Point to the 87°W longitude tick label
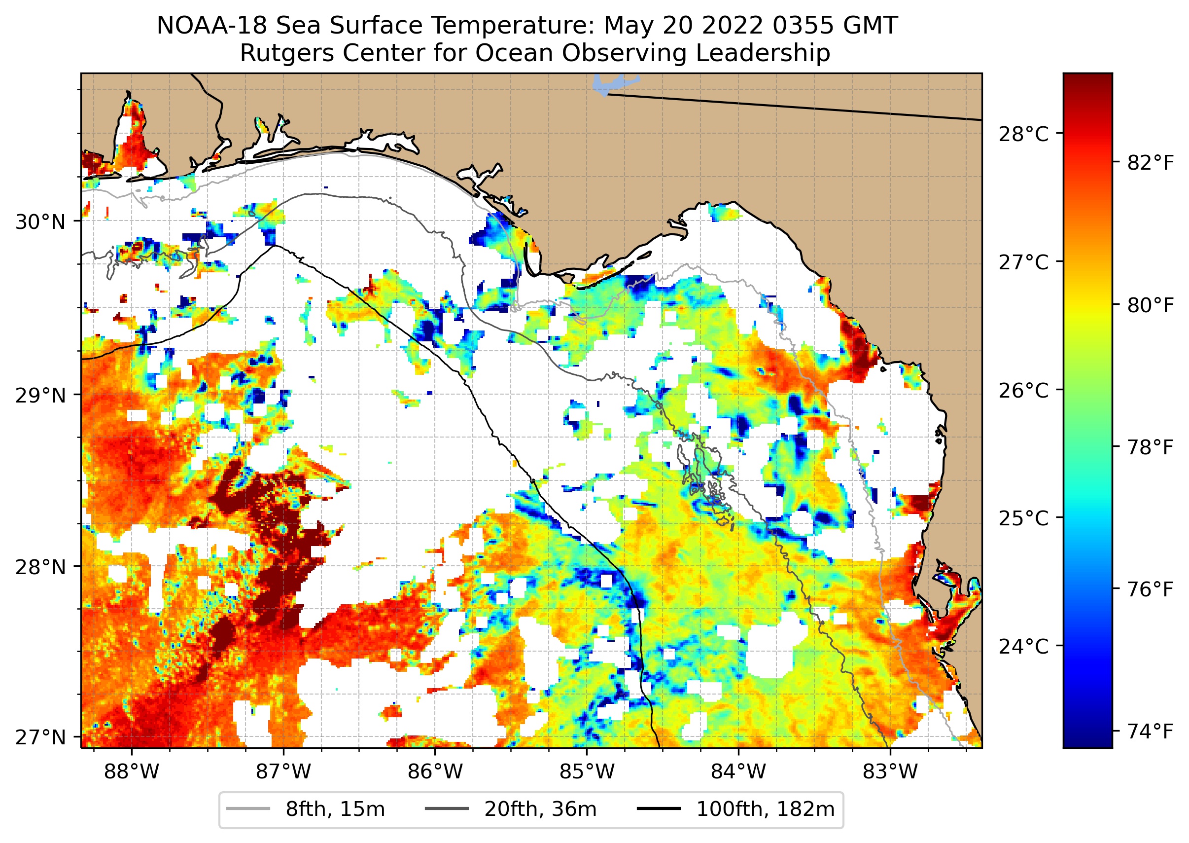click(x=283, y=771)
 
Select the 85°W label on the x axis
click(x=587, y=771)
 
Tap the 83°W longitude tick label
click(x=890, y=771)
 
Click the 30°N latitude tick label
click(x=40, y=222)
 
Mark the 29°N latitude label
click(x=40, y=396)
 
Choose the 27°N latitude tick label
click(x=40, y=737)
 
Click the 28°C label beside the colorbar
click(x=1023, y=134)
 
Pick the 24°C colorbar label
click(x=1023, y=647)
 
